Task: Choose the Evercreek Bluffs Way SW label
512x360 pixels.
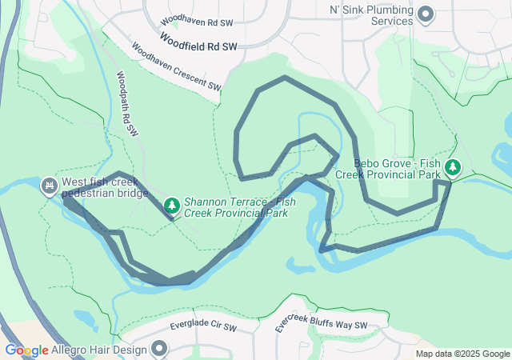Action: pos(321,322)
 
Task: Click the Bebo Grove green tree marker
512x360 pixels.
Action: pos(454,167)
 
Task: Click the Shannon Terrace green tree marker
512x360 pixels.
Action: pos(171,206)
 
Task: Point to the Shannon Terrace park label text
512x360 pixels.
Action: pos(236,208)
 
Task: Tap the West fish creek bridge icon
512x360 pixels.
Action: pos(50,186)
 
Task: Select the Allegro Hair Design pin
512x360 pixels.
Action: pos(159,349)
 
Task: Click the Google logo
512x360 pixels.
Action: pos(26,350)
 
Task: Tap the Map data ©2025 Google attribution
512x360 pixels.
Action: pos(462,354)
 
